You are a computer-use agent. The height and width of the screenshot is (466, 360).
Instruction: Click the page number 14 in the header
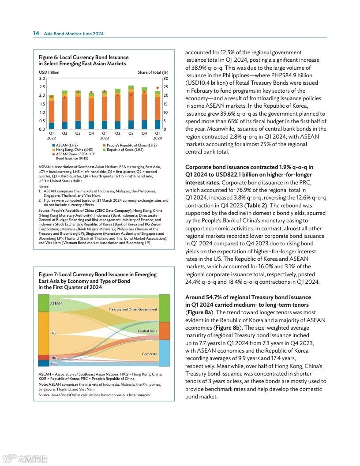(x=36, y=34)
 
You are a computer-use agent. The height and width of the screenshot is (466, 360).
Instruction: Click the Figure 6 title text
(x=83, y=60)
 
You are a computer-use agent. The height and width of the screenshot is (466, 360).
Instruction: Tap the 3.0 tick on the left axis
(x=42, y=79)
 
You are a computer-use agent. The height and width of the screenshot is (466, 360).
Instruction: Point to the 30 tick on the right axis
(x=166, y=79)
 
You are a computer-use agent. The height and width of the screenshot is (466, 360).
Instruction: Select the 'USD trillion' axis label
(x=49, y=72)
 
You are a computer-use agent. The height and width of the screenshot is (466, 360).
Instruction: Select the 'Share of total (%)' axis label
(x=153, y=72)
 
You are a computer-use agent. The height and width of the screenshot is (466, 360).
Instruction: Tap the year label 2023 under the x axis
(x=104, y=138)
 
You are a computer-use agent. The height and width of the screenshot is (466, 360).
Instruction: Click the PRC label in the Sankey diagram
(x=53, y=333)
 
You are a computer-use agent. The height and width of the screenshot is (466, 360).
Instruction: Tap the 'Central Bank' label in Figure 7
(x=147, y=331)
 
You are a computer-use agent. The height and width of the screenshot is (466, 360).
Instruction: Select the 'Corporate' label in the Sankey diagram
(x=150, y=354)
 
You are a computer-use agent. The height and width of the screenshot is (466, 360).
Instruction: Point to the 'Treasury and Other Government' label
(x=133, y=309)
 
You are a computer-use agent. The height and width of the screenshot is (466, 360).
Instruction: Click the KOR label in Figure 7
(x=54, y=364)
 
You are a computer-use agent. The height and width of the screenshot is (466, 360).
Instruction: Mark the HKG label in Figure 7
(x=54, y=358)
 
